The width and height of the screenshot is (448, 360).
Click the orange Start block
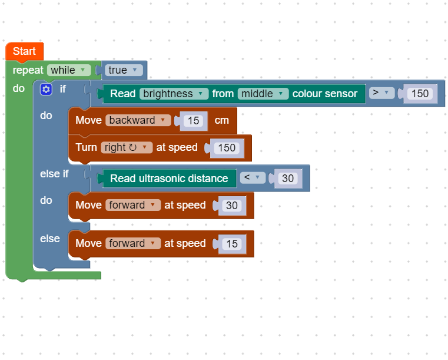coord(24,51)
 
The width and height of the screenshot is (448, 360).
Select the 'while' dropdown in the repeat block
coord(68,70)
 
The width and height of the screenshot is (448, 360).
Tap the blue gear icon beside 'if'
coord(46,89)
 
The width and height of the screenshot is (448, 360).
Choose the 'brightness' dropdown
coord(174,94)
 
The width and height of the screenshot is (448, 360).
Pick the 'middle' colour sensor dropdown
coord(263,94)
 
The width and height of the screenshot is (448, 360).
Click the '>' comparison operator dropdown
coord(381,93)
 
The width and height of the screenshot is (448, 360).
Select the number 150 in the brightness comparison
coord(420,94)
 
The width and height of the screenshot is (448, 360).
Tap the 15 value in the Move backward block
coord(193,121)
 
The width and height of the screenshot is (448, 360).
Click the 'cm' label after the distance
coord(221,120)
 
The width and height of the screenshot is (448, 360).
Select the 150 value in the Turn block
coord(226,148)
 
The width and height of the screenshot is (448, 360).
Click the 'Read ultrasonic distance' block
coord(169,179)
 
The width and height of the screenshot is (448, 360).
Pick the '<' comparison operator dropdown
coord(252,178)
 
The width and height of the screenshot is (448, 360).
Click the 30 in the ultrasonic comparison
coord(288,179)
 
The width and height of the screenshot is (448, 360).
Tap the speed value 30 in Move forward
coord(232,206)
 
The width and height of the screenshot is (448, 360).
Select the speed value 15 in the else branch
coord(232,244)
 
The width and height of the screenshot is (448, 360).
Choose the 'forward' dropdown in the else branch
coord(132,243)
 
